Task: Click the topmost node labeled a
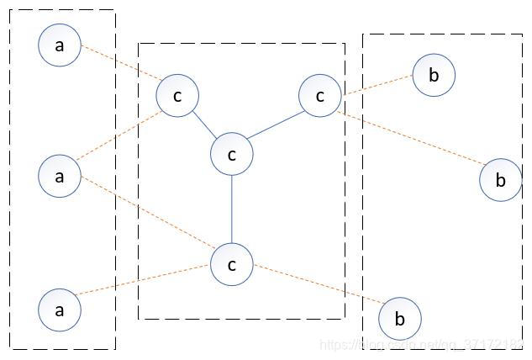coord(60,45)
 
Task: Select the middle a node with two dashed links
coord(60,176)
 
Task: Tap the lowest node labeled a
coord(60,310)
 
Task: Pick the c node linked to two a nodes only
coord(177,96)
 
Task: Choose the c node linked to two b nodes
coord(320,96)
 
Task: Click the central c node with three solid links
coord(232,154)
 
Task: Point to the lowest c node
coord(232,265)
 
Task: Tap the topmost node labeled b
coord(434,75)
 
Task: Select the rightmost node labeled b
coord(501,179)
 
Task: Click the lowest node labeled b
coord(400,319)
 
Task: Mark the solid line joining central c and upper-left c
coord(204,124)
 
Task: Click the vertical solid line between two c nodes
coord(232,209)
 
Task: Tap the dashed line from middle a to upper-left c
coord(119,134)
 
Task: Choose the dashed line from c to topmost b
coord(377,85)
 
